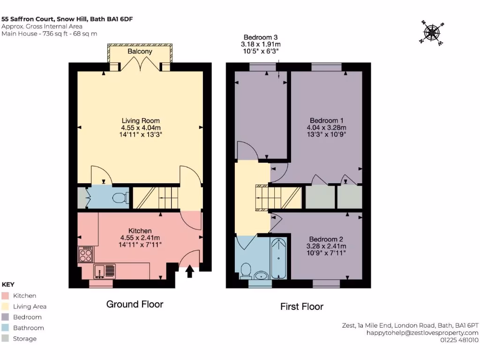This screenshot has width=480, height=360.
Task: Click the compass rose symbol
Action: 434,32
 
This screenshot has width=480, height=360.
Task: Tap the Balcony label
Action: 140,51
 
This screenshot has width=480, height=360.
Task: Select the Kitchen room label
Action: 140,231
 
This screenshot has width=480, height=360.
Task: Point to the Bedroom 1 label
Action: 326,120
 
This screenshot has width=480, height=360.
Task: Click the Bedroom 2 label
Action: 326,239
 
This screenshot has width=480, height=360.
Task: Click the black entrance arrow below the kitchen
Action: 190,271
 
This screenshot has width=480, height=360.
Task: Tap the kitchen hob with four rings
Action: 86,254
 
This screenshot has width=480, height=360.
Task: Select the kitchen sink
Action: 105,270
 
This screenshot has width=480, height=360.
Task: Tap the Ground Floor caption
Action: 135,304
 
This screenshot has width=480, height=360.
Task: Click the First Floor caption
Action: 302,307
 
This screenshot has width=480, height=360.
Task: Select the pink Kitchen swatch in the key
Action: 6,296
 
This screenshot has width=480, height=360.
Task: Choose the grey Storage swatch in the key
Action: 6,339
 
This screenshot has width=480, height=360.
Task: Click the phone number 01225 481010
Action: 459,340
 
